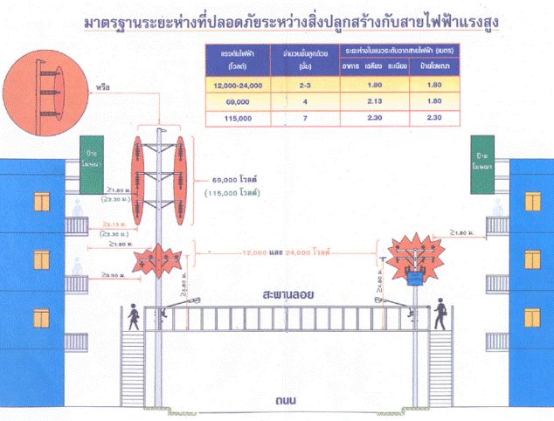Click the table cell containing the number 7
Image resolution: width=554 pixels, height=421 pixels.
(304, 116)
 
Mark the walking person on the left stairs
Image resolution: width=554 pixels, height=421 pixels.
(135, 316)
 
